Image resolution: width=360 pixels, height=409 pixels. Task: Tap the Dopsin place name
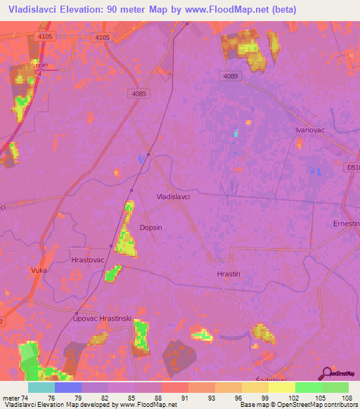click(x=152, y=228)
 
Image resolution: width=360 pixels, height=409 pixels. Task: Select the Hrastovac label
click(x=88, y=259)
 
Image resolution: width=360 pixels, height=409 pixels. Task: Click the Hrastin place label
click(x=229, y=274)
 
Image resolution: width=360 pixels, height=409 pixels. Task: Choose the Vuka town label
click(x=37, y=270)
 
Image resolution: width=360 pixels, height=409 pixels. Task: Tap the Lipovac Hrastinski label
click(x=103, y=318)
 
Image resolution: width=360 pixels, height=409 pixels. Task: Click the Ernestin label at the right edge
click(x=346, y=223)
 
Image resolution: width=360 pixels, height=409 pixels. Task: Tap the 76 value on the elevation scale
click(x=50, y=397)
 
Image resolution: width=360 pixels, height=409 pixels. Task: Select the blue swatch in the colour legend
click(x=68, y=387)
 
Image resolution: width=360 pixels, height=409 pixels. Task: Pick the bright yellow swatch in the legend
click(x=282, y=387)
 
